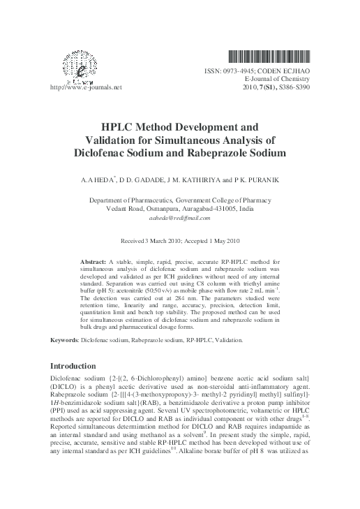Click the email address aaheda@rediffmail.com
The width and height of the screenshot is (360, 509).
click(179, 218)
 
